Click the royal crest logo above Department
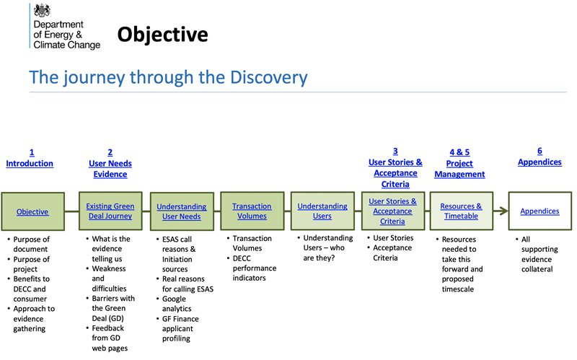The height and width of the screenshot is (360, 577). (44, 11)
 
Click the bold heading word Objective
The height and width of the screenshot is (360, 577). (162, 34)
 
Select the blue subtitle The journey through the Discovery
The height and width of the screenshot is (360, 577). (168, 77)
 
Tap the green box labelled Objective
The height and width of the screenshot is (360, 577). (32, 211)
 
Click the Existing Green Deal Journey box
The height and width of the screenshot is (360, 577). (110, 211)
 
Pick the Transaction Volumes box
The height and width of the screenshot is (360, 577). (252, 211)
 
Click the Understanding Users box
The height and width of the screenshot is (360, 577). (322, 211)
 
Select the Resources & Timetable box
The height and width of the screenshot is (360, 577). (461, 211)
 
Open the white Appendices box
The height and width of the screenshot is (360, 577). (539, 211)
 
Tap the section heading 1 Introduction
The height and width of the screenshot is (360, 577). (30, 158)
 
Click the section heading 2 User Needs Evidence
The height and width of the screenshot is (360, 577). (110, 163)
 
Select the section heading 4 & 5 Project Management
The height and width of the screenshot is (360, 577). (459, 163)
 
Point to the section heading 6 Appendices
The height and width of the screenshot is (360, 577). (539, 157)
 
